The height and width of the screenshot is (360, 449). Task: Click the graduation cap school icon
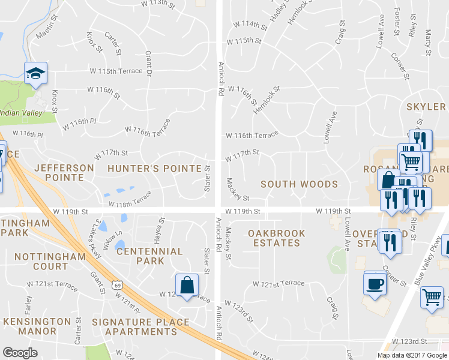pos(35,73)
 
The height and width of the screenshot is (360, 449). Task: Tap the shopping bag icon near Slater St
pos(187,285)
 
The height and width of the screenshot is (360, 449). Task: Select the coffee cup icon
pos(375,283)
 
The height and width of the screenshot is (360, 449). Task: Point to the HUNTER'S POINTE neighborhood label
pos(154,169)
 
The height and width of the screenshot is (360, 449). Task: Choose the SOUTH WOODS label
pos(299,184)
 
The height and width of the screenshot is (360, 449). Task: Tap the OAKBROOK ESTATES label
pos(276,238)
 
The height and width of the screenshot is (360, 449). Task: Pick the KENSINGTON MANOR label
pos(38,326)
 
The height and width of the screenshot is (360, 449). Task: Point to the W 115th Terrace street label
pos(116,71)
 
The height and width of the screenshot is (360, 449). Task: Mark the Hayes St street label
pos(160,228)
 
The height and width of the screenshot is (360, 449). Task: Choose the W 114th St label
pos(250,25)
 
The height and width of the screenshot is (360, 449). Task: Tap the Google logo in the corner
pos(20,353)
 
